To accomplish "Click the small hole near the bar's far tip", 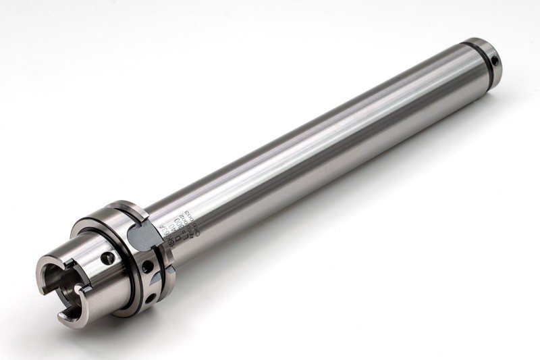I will [497, 61].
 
